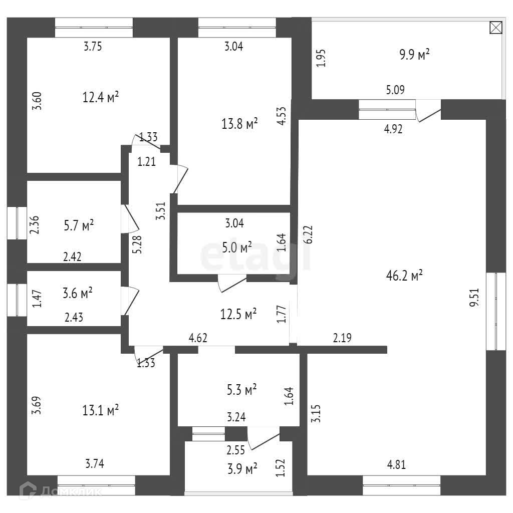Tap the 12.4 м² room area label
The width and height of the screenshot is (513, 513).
[x=100, y=96]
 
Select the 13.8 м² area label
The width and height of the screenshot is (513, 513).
[x=239, y=123]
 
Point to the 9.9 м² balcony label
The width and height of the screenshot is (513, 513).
[x=414, y=55]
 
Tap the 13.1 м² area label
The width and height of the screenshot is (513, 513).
[x=100, y=411]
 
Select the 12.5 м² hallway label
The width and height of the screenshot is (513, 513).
[x=238, y=314]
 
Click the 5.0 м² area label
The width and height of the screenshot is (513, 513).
[x=237, y=247]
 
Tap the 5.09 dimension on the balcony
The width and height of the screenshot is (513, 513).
[x=395, y=90]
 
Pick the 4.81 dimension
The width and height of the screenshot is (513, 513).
[x=396, y=464]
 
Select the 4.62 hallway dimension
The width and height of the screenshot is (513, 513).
[x=198, y=338]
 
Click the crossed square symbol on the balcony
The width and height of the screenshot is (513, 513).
[x=495, y=28]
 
